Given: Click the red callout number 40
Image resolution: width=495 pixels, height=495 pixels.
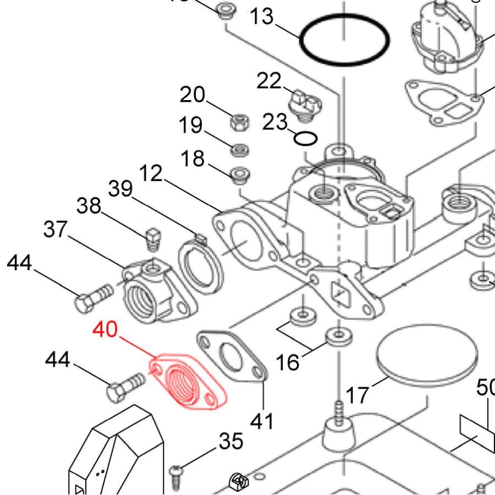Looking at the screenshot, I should point(105,331).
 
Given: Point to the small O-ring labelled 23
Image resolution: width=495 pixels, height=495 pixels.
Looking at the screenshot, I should point(305,138).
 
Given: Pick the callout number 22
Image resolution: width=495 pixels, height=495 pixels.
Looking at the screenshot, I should point(269,82).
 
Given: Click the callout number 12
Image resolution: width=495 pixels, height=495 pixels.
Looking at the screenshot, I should point(150,174).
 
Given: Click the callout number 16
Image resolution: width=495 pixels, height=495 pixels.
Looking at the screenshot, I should point(287,362).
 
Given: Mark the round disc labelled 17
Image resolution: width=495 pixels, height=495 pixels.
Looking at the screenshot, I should point(426,360).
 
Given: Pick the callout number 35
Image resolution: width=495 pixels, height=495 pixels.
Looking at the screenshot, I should point(231,441).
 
